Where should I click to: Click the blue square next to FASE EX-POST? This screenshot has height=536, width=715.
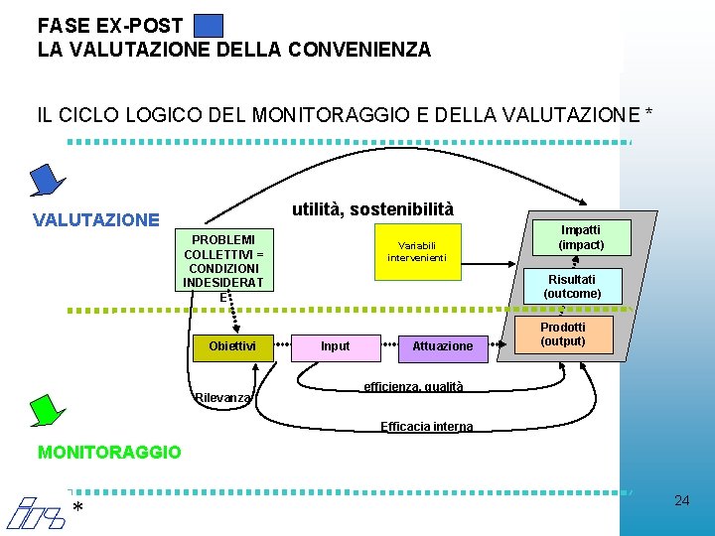[x=209, y=25]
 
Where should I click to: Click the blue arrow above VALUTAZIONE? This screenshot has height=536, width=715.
[x=45, y=181]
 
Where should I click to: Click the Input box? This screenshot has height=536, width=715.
[x=336, y=346]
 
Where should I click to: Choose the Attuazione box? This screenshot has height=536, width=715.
[x=443, y=346]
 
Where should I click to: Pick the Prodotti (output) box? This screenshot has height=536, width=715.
[x=562, y=335]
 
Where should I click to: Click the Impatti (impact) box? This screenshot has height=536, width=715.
[x=581, y=237]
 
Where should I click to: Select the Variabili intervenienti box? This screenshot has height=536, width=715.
[x=417, y=251]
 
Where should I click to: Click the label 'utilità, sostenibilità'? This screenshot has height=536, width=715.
[x=371, y=209]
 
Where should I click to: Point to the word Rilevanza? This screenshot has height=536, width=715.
[x=222, y=399]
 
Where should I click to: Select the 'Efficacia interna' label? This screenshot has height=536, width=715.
[x=427, y=427]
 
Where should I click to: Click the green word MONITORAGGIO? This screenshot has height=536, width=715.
[x=109, y=453]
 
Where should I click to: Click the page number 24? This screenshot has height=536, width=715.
[x=681, y=500]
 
